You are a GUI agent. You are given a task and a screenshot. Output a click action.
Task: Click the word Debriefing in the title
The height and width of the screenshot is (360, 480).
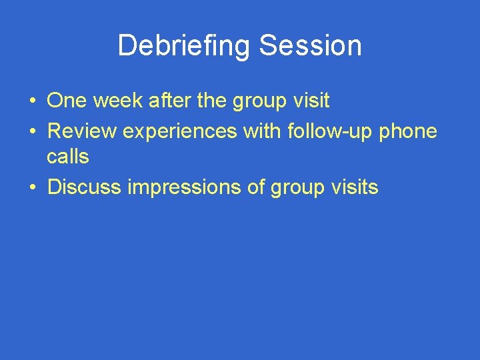[185, 46]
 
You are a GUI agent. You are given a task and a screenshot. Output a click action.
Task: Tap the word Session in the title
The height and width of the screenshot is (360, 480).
[310, 46]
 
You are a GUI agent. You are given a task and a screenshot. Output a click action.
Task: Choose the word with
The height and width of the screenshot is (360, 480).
[263, 131]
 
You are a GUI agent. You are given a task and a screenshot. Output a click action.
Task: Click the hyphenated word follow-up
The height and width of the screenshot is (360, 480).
[330, 131]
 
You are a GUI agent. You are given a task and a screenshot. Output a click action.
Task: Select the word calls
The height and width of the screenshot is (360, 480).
[67, 157]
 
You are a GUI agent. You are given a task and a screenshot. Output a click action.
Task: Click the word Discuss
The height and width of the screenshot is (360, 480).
[85, 187]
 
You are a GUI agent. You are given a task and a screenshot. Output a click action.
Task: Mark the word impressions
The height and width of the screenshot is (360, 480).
[185, 187]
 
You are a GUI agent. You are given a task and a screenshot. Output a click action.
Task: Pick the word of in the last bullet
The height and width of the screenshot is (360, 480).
[256, 187]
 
